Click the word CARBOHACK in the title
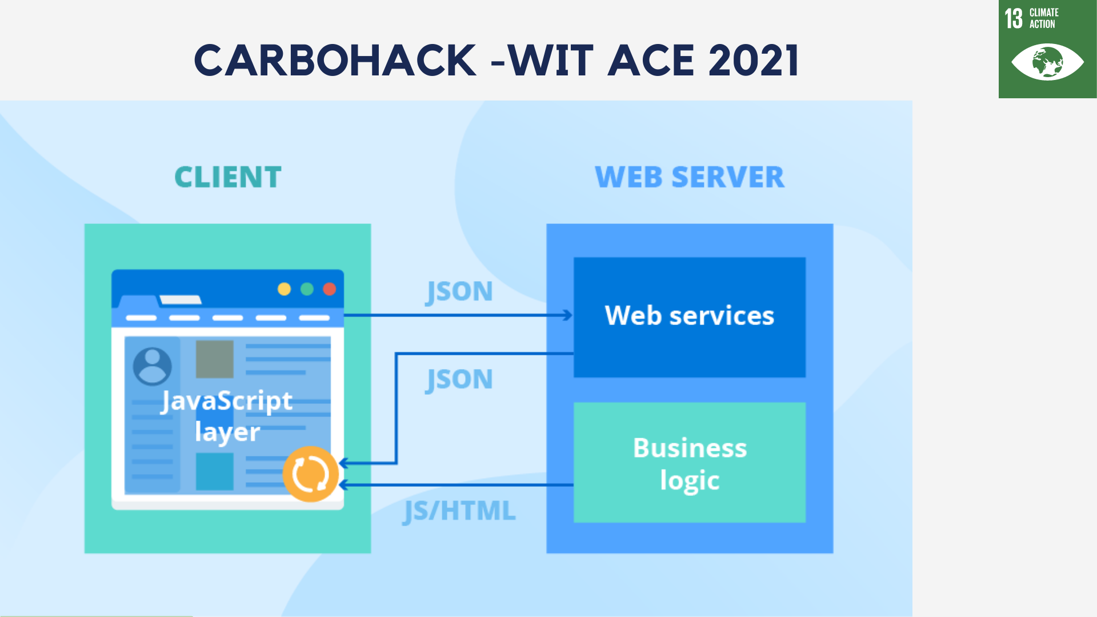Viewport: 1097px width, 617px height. pyautogui.click(x=335, y=61)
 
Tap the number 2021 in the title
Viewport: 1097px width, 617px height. pyautogui.click(x=753, y=61)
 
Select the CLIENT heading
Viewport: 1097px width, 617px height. pyautogui.click(x=227, y=177)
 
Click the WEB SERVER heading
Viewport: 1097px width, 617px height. pyautogui.click(x=690, y=177)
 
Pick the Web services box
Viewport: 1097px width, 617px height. pyautogui.click(x=690, y=316)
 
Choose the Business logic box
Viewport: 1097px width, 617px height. pyautogui.click(x=690, y=463)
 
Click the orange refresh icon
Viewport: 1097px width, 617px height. pyautogui.click(x=310, y=474)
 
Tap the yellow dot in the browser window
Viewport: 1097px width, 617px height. pyautogui.click(x=284, y=289)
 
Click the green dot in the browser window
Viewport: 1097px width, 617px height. pyautogui.click(x=307, y=289)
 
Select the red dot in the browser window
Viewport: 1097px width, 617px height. pyautogui.click(x=330, y=289)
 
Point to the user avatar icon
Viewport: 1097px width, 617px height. pyautogui.click(x=152, y=366)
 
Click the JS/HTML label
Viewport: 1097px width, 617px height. pyautogui.click(x=459, y=511)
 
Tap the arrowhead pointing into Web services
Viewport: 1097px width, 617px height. pyautogui.click(x=567, y=315)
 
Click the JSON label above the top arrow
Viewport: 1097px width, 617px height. pyautogui.click(x=459, y=291)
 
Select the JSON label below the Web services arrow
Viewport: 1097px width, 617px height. pyautogui.click(x=459, y=379)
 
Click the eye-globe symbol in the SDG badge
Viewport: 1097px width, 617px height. pyautogui.click(x=1047, y=62)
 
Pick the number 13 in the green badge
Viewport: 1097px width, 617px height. pyautogui.click(x=1014, y=18)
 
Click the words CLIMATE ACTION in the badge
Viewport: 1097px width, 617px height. pyautogui.click(x=1044, y=18)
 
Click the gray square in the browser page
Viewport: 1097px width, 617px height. pyautogui.click(x=215, y=359)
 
